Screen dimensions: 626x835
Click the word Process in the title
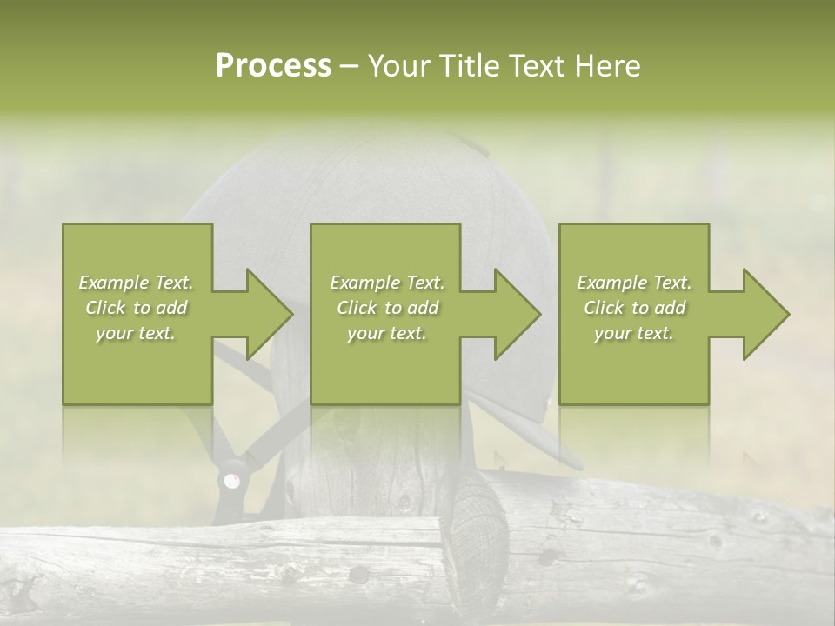coord(273,66)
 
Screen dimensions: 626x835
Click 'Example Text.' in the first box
coord(136,283)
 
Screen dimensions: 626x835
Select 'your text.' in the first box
coord(136,333)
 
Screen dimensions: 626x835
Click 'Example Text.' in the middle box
coord(387,283)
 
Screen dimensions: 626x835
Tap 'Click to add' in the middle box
coord(387,308)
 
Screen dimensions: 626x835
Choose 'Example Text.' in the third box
coord(634,283)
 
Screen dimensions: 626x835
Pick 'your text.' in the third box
coord(634,333)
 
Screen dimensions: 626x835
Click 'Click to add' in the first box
coord(136,308)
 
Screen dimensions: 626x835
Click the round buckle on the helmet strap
coord(232,480)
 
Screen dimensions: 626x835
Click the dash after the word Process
coord(350,66)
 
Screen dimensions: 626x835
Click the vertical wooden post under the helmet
coord(374,478)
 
